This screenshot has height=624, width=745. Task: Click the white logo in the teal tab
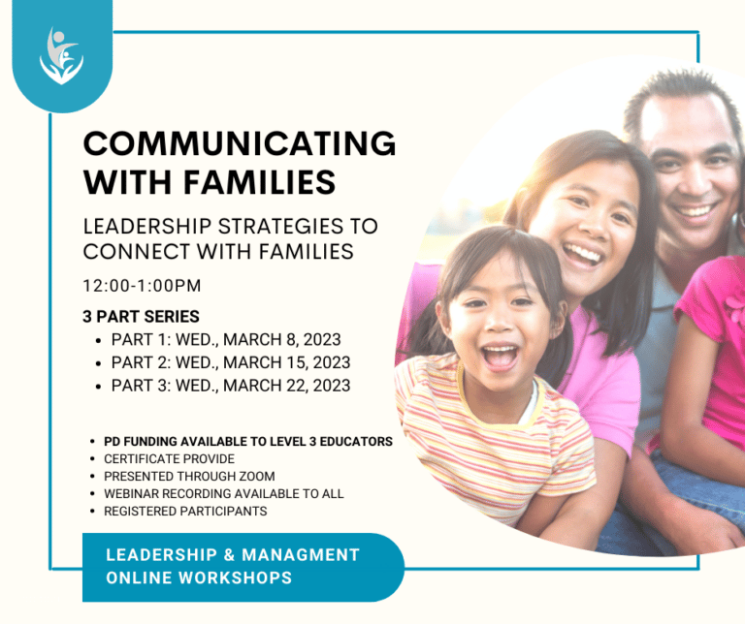(61, 55)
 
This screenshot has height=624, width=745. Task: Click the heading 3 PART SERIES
(142, 317)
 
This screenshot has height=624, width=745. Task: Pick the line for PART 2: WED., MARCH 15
(231, 362)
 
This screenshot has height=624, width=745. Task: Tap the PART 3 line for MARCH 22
(231, 386)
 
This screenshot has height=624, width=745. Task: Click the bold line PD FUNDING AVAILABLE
(247, 441)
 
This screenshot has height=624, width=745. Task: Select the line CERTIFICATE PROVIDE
(169, 458)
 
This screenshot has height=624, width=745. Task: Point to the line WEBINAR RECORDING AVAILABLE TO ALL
(223, 493)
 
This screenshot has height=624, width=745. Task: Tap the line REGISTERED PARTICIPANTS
(184, 511)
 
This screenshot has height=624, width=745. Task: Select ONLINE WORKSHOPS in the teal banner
(199, 577)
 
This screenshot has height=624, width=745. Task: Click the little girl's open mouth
(499, 355)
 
